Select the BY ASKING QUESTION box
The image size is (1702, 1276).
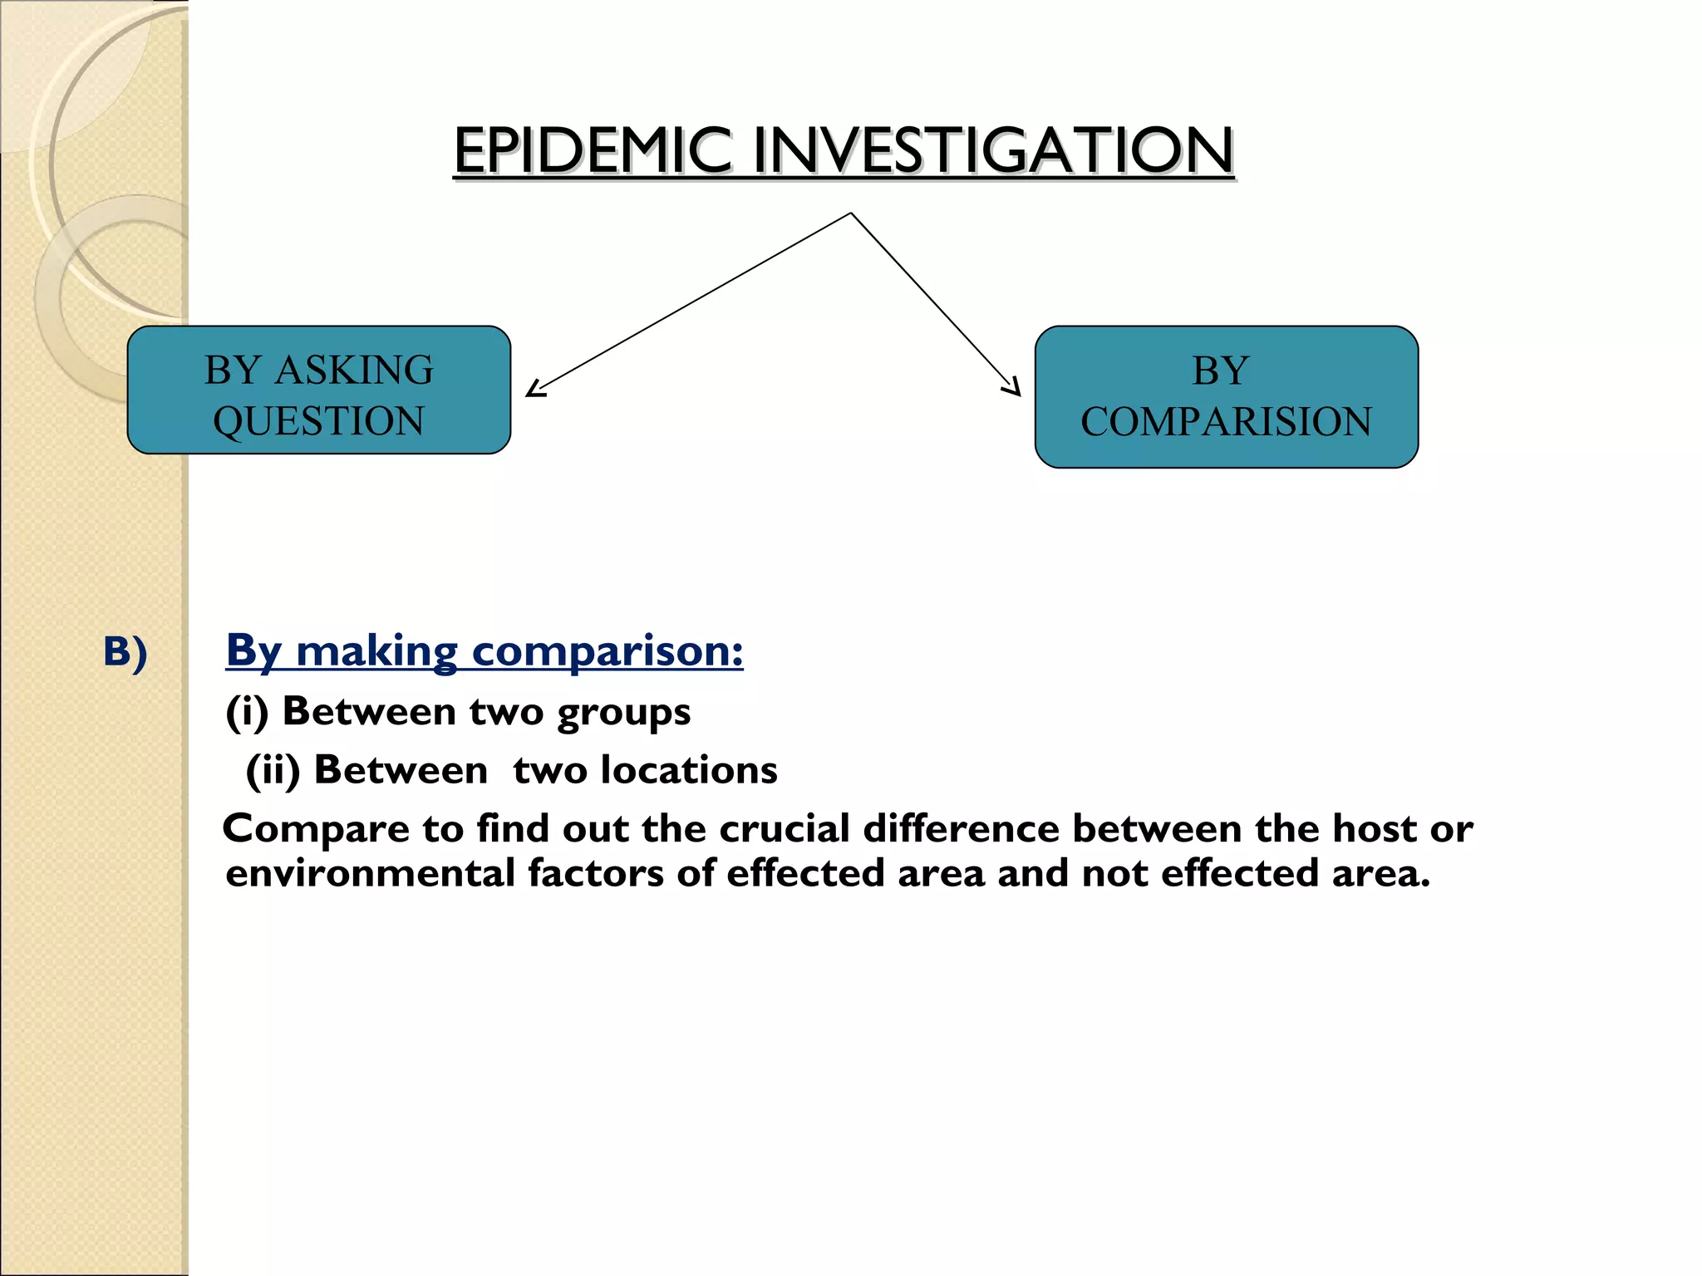pos(318,390)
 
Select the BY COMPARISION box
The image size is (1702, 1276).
pos(1226,396)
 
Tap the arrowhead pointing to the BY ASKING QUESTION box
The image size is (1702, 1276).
pos(536,388)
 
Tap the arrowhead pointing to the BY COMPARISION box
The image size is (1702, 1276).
pos(1012,387)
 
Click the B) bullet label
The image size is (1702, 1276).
pos(125,652)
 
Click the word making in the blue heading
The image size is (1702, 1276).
pos(376,650)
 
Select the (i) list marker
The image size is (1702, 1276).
pos(247,712)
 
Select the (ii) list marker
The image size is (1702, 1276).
pos(273,770)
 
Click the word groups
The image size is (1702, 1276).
pos(623,713)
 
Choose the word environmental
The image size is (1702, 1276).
pos(370,873)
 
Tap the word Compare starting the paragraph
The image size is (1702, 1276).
pos(317,830)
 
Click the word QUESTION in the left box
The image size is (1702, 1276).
pos(318,420)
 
